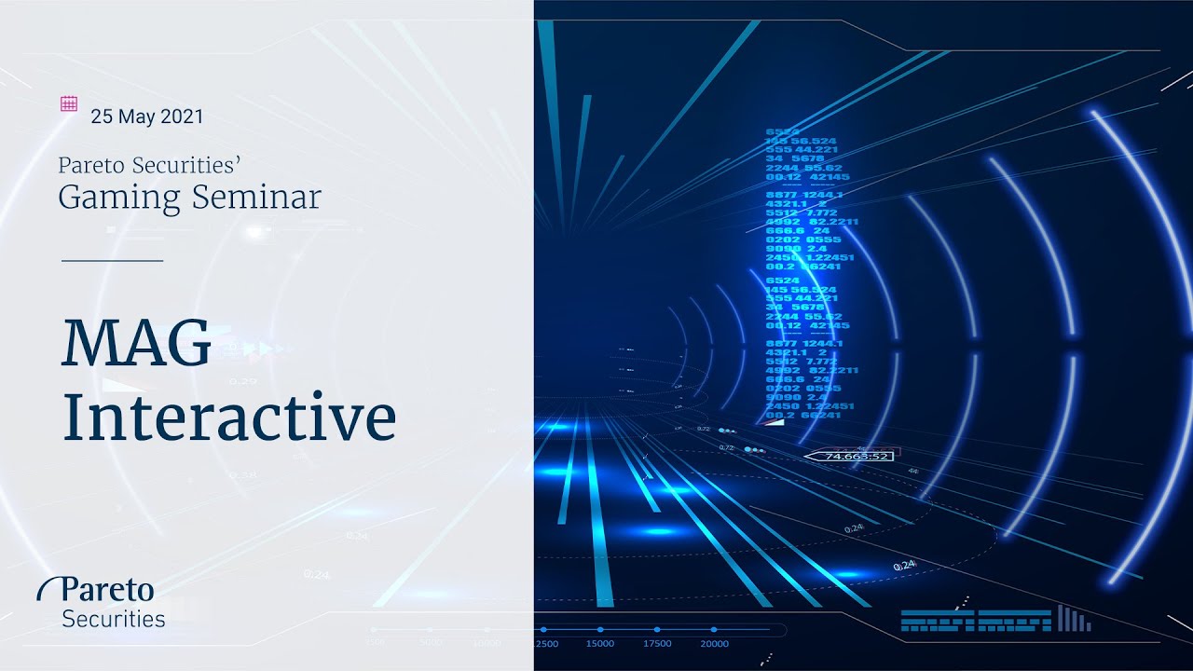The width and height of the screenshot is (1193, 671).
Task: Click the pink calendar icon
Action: [68, 103]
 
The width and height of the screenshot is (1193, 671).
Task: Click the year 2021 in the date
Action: [182, 117]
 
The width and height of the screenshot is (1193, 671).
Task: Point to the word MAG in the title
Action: [136, 343]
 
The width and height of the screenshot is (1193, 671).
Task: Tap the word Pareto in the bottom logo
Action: [107, 590]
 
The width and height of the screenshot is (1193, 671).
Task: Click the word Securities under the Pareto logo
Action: [113, 619]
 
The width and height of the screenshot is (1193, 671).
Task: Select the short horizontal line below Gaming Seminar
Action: [112, 261]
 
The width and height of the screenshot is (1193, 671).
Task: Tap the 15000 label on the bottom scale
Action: [599, 644]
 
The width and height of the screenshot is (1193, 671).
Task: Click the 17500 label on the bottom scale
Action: [656, 644]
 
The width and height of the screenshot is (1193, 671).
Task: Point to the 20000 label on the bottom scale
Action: [714, 644]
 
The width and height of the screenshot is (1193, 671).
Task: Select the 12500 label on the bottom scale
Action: [543, 644]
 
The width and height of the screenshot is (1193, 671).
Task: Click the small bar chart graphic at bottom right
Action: [1074, 619]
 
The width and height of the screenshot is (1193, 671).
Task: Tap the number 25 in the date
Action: [101, 117]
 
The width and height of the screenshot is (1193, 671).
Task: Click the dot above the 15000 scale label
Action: [599, 630]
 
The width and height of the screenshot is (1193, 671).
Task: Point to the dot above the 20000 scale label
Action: [714, 630]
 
